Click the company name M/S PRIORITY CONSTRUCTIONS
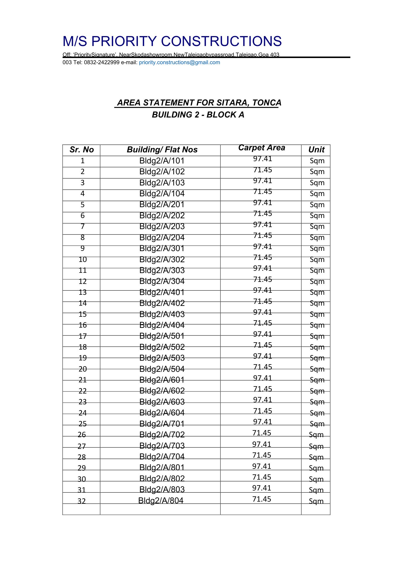tap(172, 41)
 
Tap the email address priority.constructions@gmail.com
tap(179, 62)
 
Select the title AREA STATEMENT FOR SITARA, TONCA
tap(199, 103)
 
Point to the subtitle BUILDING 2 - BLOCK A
tap(198, 115)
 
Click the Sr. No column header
tap(82, 150)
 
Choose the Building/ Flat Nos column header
tap(162, 150)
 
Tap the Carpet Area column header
tap(261, 148)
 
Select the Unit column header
tap(317, 150)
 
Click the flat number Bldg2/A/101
tap(162, 161)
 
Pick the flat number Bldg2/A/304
tap(162, 281)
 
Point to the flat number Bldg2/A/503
tap(162, 358)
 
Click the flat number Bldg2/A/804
tap(161, 500)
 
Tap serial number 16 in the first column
tap(83, 325)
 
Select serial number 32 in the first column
tap(82, 501)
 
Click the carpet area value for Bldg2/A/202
tap(263, 214)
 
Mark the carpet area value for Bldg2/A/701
tap(263, 422)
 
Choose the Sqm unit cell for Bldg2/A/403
tap(317, 314)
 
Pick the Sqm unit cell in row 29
tap(316, 468)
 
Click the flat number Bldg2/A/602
tap(162, 391)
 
